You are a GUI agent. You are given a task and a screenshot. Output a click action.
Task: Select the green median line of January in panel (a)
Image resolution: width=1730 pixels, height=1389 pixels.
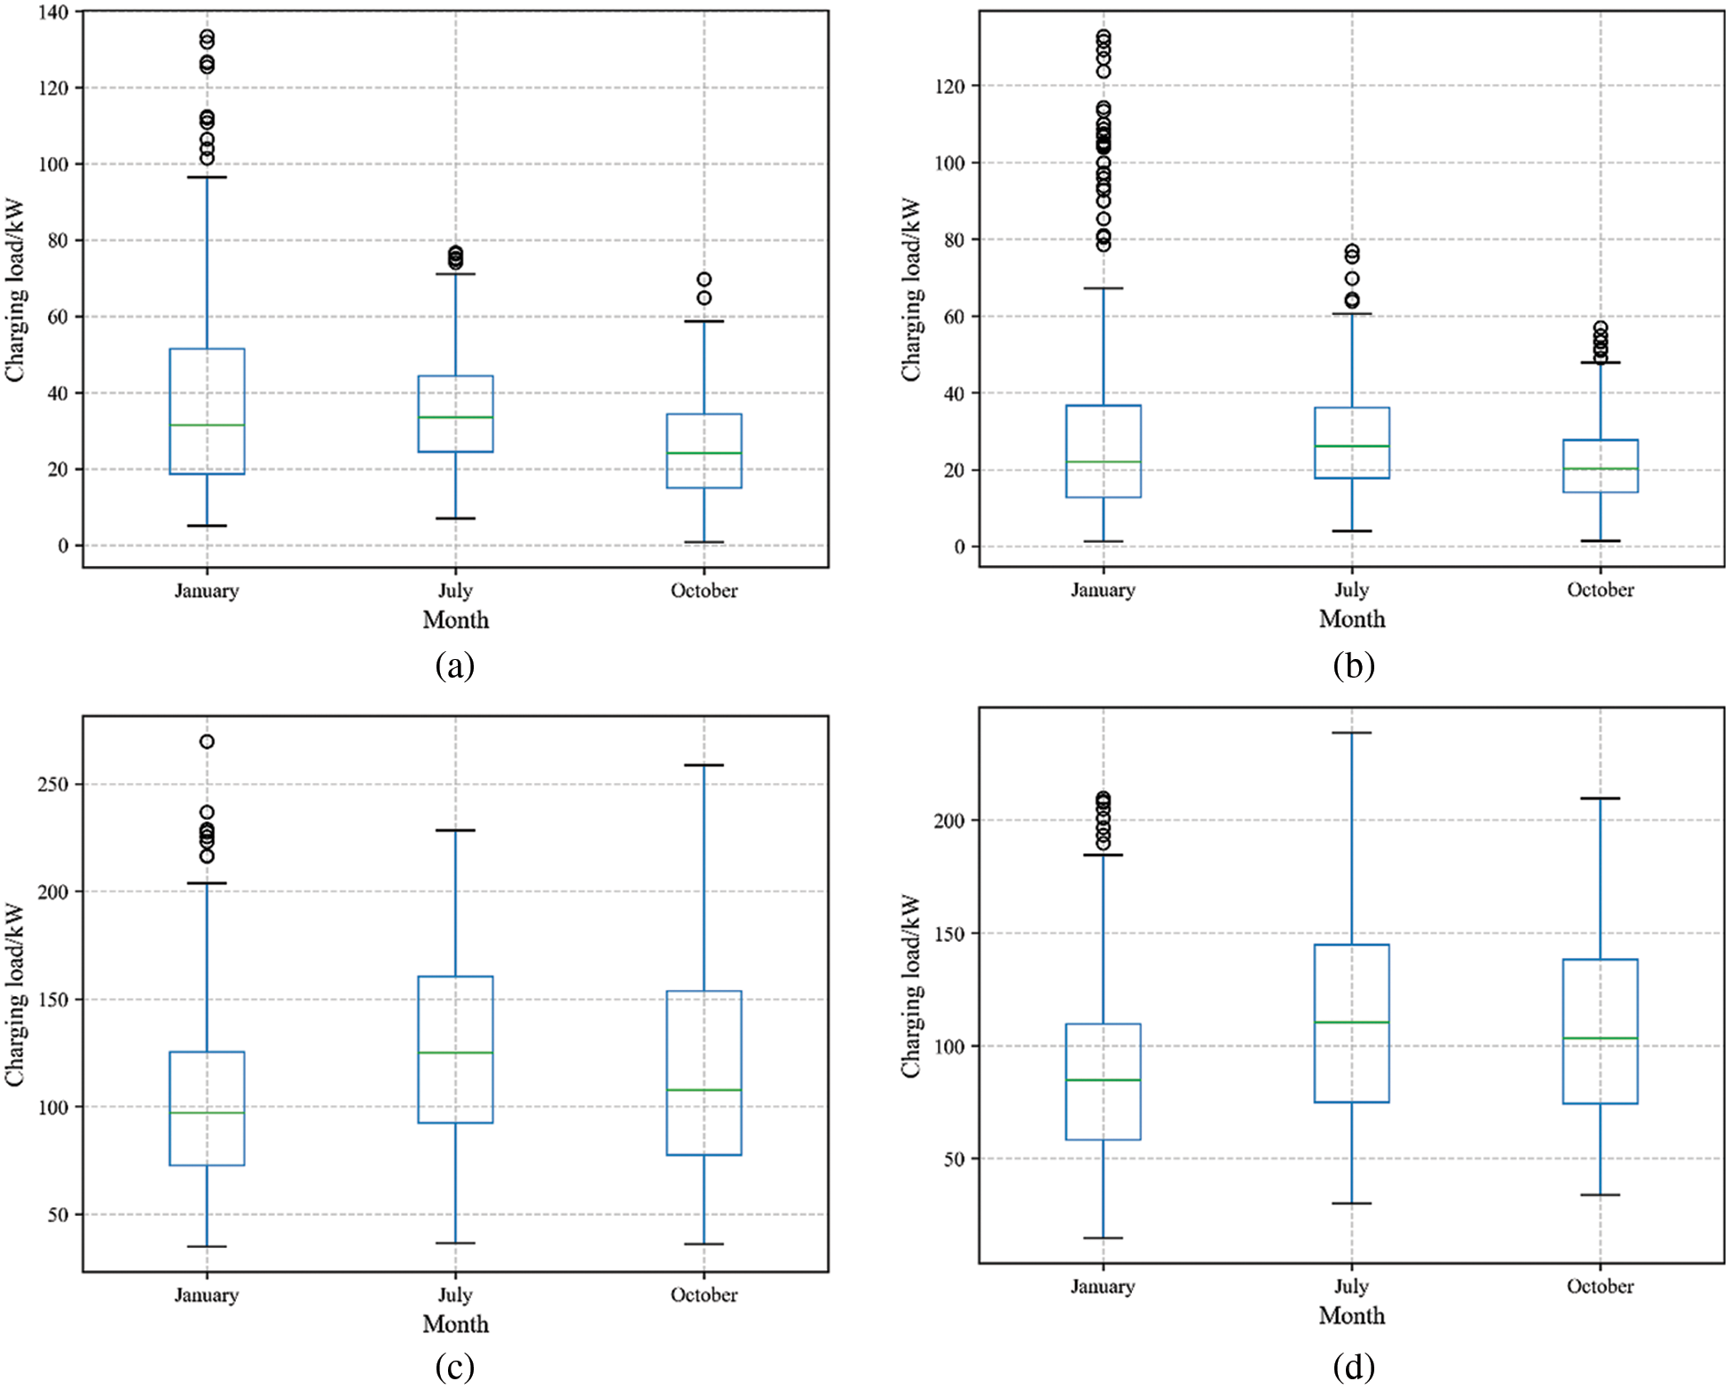[x=207, y=425]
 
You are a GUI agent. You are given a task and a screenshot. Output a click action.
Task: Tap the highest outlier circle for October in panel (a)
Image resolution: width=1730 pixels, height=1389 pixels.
[x=704, y=279]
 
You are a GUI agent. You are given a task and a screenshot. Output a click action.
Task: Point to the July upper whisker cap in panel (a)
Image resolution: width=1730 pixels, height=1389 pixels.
[x=455, y=274]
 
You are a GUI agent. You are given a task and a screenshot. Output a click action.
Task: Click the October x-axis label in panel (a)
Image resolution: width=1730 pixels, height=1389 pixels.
[x=704, y=591]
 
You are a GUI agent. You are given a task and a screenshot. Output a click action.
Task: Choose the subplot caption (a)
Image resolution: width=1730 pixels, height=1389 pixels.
[x=455, y=664]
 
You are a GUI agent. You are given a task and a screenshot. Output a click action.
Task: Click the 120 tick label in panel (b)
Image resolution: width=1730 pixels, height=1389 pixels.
[x=950, y=86]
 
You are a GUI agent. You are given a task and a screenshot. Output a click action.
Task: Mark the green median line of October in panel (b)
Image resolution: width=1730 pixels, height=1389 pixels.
[x=1600, y=468]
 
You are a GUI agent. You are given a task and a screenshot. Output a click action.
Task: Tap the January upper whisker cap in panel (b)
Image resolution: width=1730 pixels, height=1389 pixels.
[x=1103, y=288]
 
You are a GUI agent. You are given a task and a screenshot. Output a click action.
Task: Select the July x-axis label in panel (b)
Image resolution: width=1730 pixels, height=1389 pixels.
[x=1351, y=590]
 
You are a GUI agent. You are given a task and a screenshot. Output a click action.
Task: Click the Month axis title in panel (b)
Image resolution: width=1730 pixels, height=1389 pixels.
[x=1351, y=619]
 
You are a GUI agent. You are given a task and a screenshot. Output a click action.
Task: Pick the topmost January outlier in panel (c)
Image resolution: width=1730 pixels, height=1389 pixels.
[x=207, y=742]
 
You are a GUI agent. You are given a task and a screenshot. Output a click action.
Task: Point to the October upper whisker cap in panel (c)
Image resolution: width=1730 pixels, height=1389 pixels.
[x=704, y=765]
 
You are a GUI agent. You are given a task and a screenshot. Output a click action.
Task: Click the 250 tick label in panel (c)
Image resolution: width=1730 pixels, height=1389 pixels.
[x=52, y=784]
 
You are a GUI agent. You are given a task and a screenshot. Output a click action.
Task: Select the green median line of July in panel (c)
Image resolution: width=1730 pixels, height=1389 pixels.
[x=455, y=1053]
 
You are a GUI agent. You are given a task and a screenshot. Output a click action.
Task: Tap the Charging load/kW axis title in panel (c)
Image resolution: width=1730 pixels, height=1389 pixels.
[x=15, y=994]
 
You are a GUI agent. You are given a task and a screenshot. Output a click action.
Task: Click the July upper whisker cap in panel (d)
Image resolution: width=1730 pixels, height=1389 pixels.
[x=1351, y=733]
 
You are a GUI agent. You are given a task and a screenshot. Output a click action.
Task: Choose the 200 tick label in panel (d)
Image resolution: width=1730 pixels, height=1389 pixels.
[x=948, y=820]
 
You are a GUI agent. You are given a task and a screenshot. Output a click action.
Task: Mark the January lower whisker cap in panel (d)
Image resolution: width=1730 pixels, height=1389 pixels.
[x=1103, y=1237]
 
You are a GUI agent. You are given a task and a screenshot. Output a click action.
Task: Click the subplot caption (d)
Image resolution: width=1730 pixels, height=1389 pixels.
[x=1353, y=1367]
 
